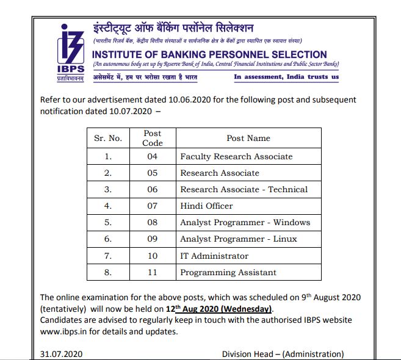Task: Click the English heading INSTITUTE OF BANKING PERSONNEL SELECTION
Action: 209,54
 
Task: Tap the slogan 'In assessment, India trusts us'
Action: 286,77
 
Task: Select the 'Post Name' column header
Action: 248,138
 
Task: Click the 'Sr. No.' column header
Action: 108,138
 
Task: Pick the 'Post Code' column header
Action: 153,138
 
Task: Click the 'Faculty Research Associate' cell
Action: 236,157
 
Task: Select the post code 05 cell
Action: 153,173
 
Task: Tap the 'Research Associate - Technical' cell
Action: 244,190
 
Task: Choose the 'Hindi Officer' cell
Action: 206,206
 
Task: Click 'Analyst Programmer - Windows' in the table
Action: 245,223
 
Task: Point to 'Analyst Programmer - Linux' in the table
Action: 239,239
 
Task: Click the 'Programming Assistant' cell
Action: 228,273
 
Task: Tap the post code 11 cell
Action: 153,273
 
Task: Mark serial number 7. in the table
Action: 108,256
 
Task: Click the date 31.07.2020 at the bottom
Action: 61,354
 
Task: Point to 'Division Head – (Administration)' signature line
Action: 283,354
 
